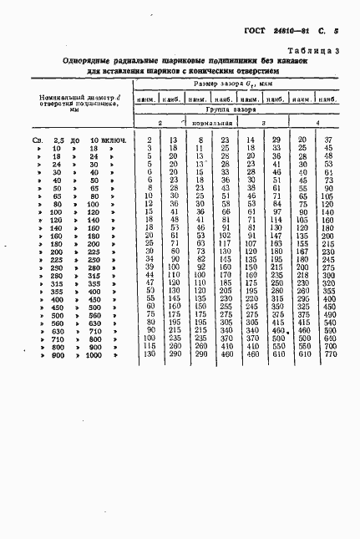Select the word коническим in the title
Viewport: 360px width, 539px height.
pyautogui.click(x=221, y=71)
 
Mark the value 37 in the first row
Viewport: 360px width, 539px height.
pyautogui.click(x=328, y=139)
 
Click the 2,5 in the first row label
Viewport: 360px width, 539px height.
pyautogui.click(x=58, y=139)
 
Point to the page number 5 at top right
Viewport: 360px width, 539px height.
pyautogui.click(x=335, y=32)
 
